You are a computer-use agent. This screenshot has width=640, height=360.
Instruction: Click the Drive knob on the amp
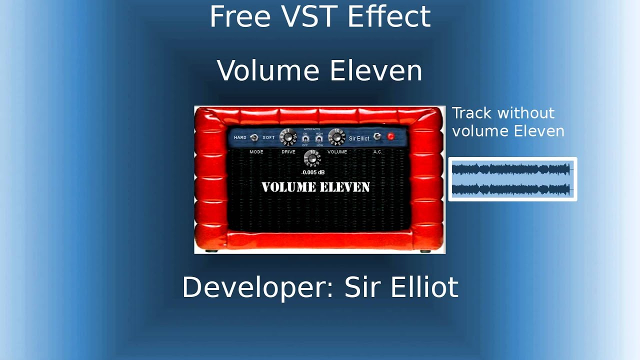288,136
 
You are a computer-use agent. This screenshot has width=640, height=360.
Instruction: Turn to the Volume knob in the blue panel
336,136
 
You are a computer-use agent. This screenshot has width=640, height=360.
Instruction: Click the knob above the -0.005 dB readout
312,158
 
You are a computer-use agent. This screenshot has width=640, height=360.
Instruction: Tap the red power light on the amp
390,136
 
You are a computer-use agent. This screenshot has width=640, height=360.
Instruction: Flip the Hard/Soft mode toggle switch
254,137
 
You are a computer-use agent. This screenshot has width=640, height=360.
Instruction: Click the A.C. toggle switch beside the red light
377,136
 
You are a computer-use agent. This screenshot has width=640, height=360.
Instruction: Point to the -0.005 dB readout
313,172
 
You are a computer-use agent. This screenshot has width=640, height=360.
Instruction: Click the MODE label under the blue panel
256,152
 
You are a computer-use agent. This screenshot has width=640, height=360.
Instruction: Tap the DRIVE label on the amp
288,152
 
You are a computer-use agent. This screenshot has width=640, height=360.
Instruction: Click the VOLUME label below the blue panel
337,152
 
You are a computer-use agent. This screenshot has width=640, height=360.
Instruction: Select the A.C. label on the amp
377,152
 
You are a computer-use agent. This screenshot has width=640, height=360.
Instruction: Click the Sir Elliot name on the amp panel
359,138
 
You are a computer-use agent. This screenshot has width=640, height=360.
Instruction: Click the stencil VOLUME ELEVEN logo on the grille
315,187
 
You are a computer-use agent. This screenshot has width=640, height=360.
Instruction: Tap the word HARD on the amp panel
240,137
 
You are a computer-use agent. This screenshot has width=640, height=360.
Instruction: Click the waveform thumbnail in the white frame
512,179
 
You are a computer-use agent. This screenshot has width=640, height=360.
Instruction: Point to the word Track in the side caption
472,113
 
